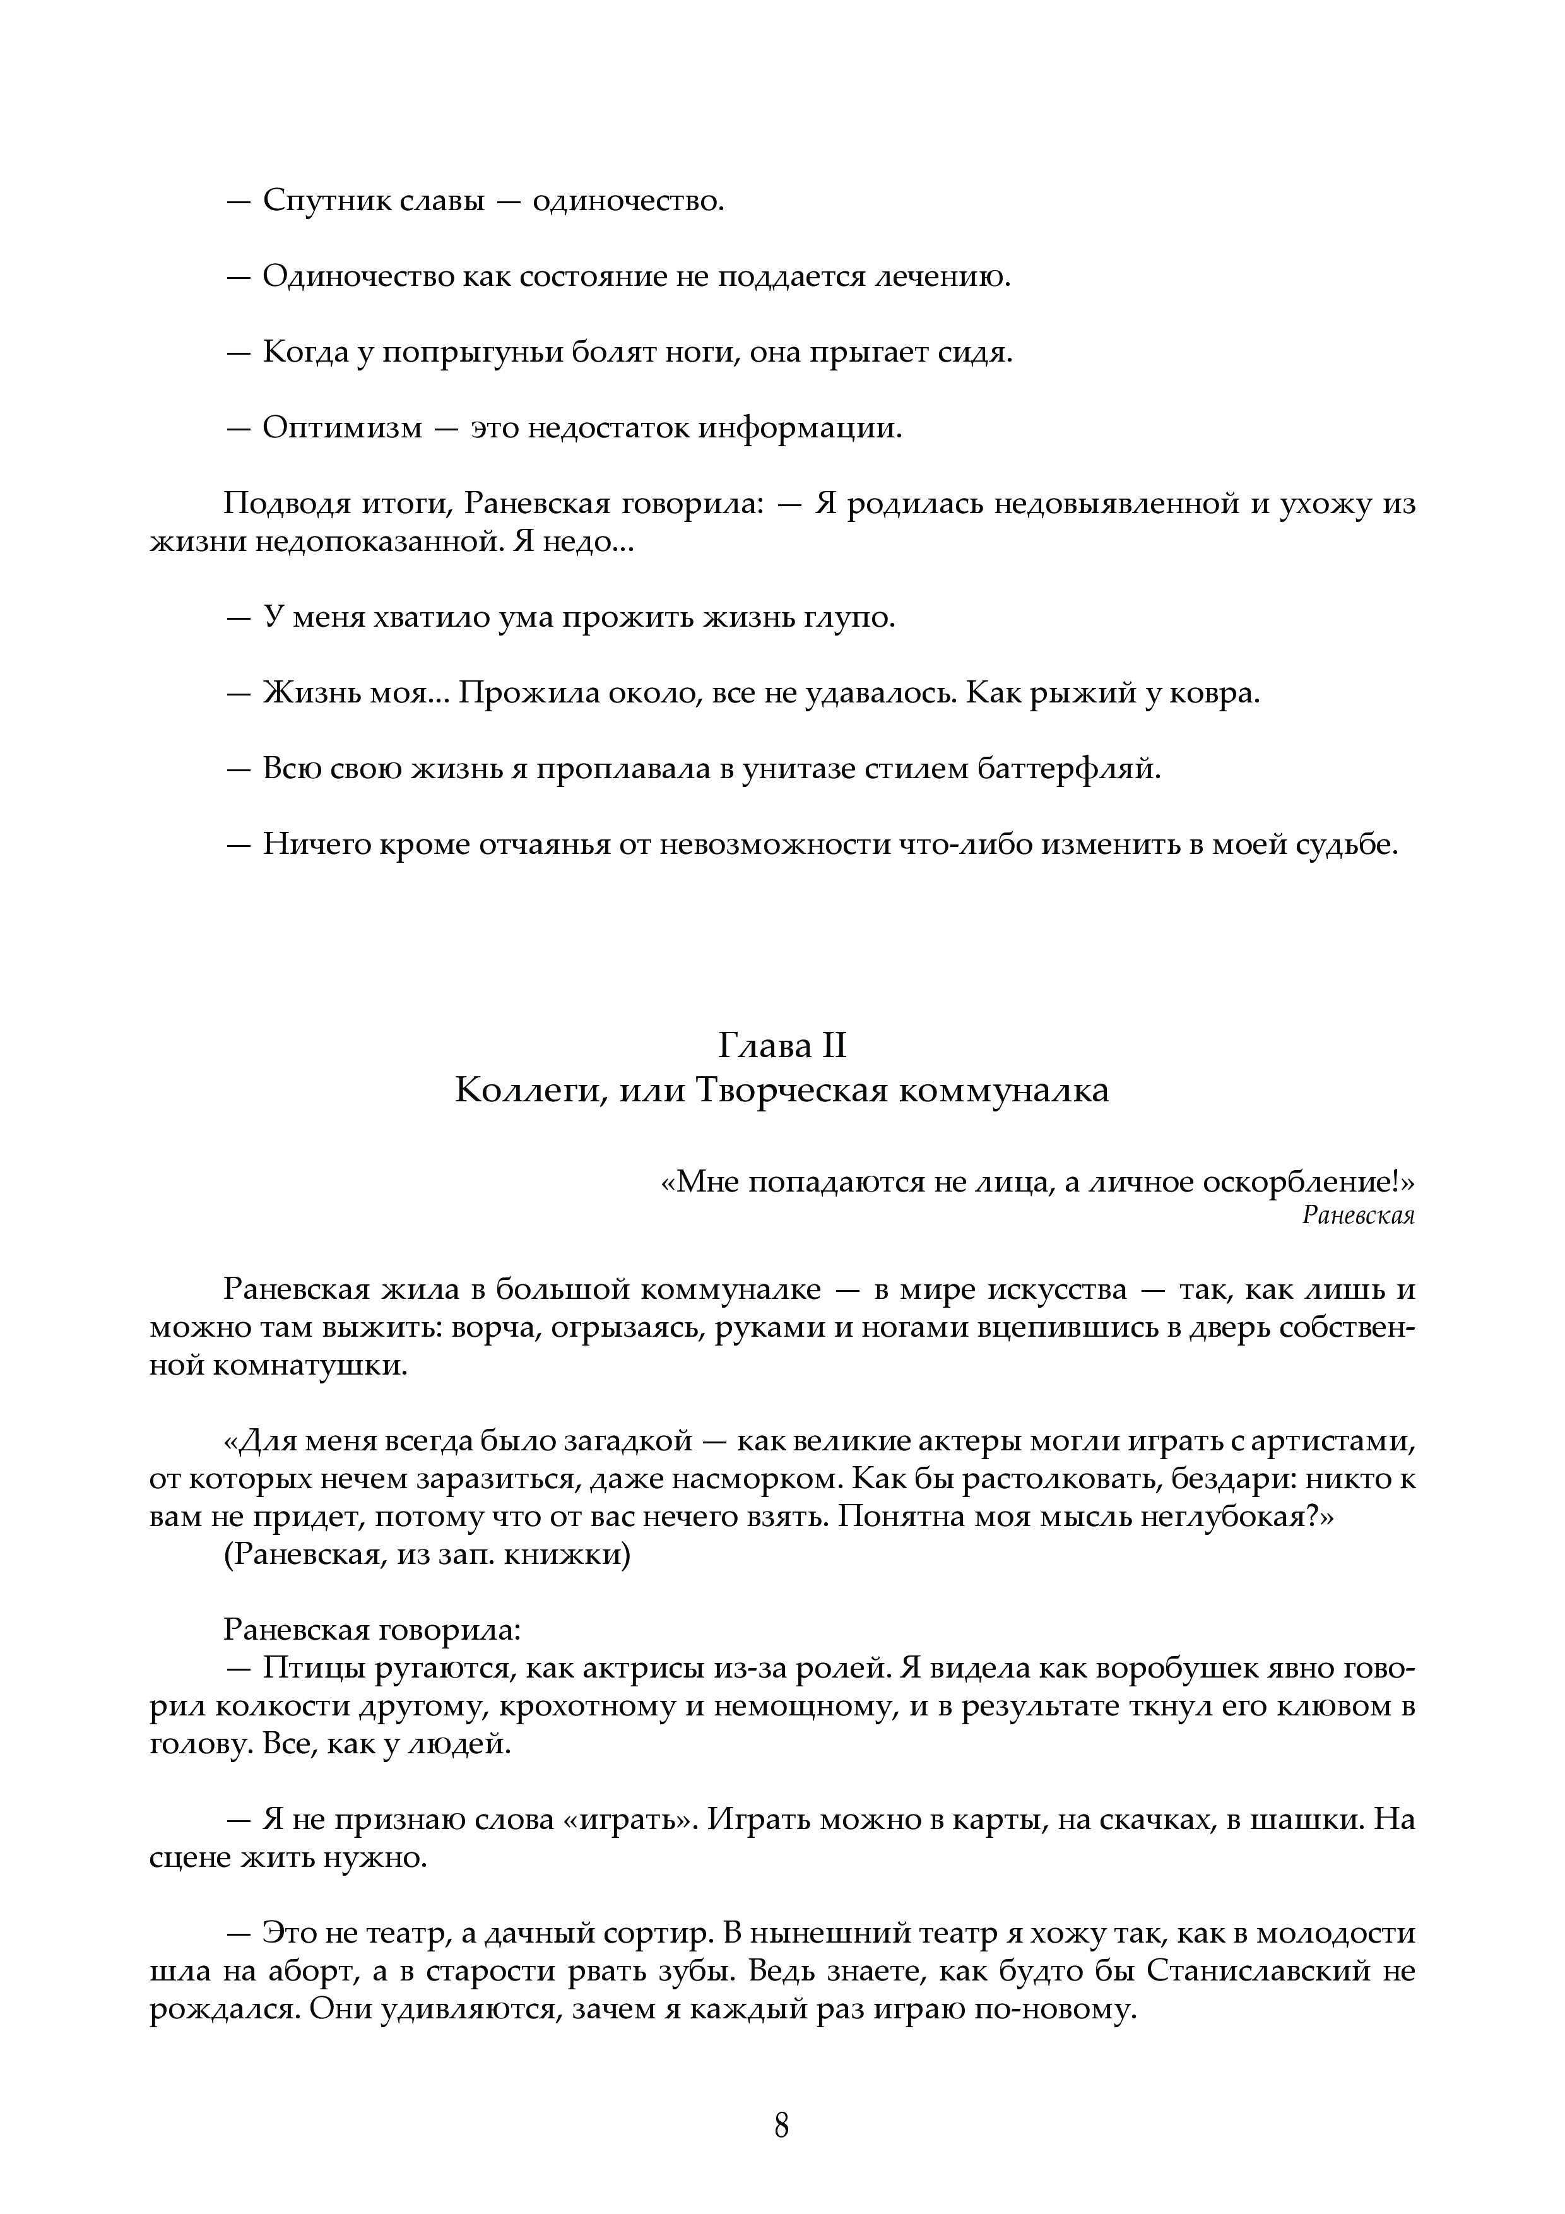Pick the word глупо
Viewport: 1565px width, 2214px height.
(849, 617)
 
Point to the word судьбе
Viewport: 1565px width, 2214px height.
(1346, 844)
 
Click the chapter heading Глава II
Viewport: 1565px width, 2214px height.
(782, 1045)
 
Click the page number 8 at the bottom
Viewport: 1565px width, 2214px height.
(782, 2119)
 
